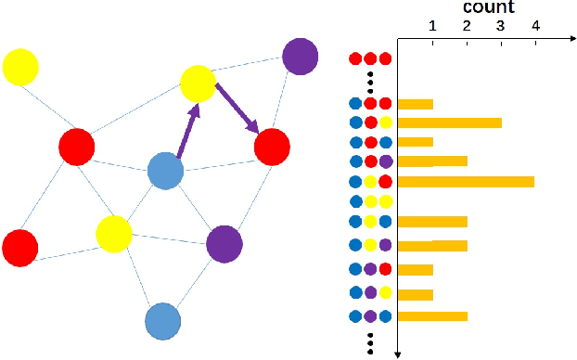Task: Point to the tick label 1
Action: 432,27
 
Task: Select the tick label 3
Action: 501,27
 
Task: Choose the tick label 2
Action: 467,27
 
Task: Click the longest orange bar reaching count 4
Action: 466,181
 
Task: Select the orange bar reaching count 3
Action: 449,122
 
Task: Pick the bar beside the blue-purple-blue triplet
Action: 432,315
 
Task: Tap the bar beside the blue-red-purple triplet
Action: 432,161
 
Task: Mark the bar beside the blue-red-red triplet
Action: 415,104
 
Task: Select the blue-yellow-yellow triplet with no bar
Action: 369,200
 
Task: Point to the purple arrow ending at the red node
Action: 237,108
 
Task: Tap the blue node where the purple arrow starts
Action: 165,172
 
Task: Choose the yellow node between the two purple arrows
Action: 198,84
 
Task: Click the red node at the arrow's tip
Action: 272,147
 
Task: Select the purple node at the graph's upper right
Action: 300,56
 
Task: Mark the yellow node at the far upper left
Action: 20,67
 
